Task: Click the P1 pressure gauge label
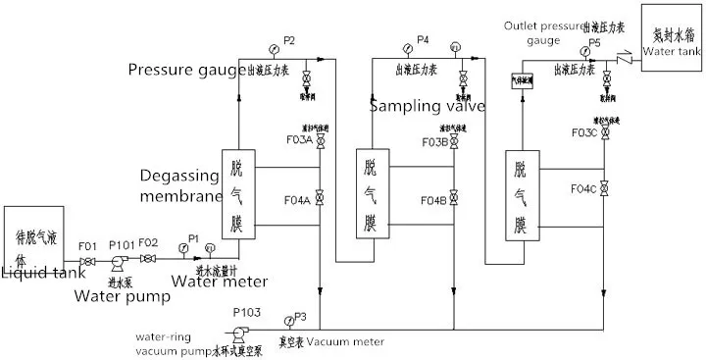193,238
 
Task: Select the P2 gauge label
288,39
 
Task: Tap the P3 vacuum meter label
301,316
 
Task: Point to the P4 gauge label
423,39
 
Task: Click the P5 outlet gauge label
595,42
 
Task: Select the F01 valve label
87,245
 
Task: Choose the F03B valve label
434,142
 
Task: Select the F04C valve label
585,187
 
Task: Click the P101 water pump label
122,245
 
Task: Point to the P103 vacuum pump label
246,310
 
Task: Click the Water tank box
671,35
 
